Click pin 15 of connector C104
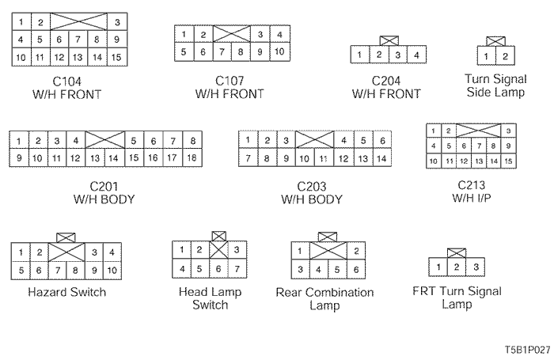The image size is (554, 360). tap(116, 57)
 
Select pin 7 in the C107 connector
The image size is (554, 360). tap(222, 52)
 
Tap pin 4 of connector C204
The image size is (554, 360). tap(416, 55)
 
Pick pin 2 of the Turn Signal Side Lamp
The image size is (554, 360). tap(505, 55)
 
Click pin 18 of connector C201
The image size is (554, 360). tap(192, 158)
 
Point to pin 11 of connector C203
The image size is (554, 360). tap(323, 158)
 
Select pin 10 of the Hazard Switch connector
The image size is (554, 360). tap(112, 271)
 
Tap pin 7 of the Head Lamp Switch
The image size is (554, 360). tap(237, 269)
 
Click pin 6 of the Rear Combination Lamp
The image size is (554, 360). tap(357, 270)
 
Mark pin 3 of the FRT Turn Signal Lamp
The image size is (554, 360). tap(476, 267)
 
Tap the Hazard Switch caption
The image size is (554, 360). tap(66, 292)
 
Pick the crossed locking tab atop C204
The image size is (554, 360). tap(388, 40)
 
